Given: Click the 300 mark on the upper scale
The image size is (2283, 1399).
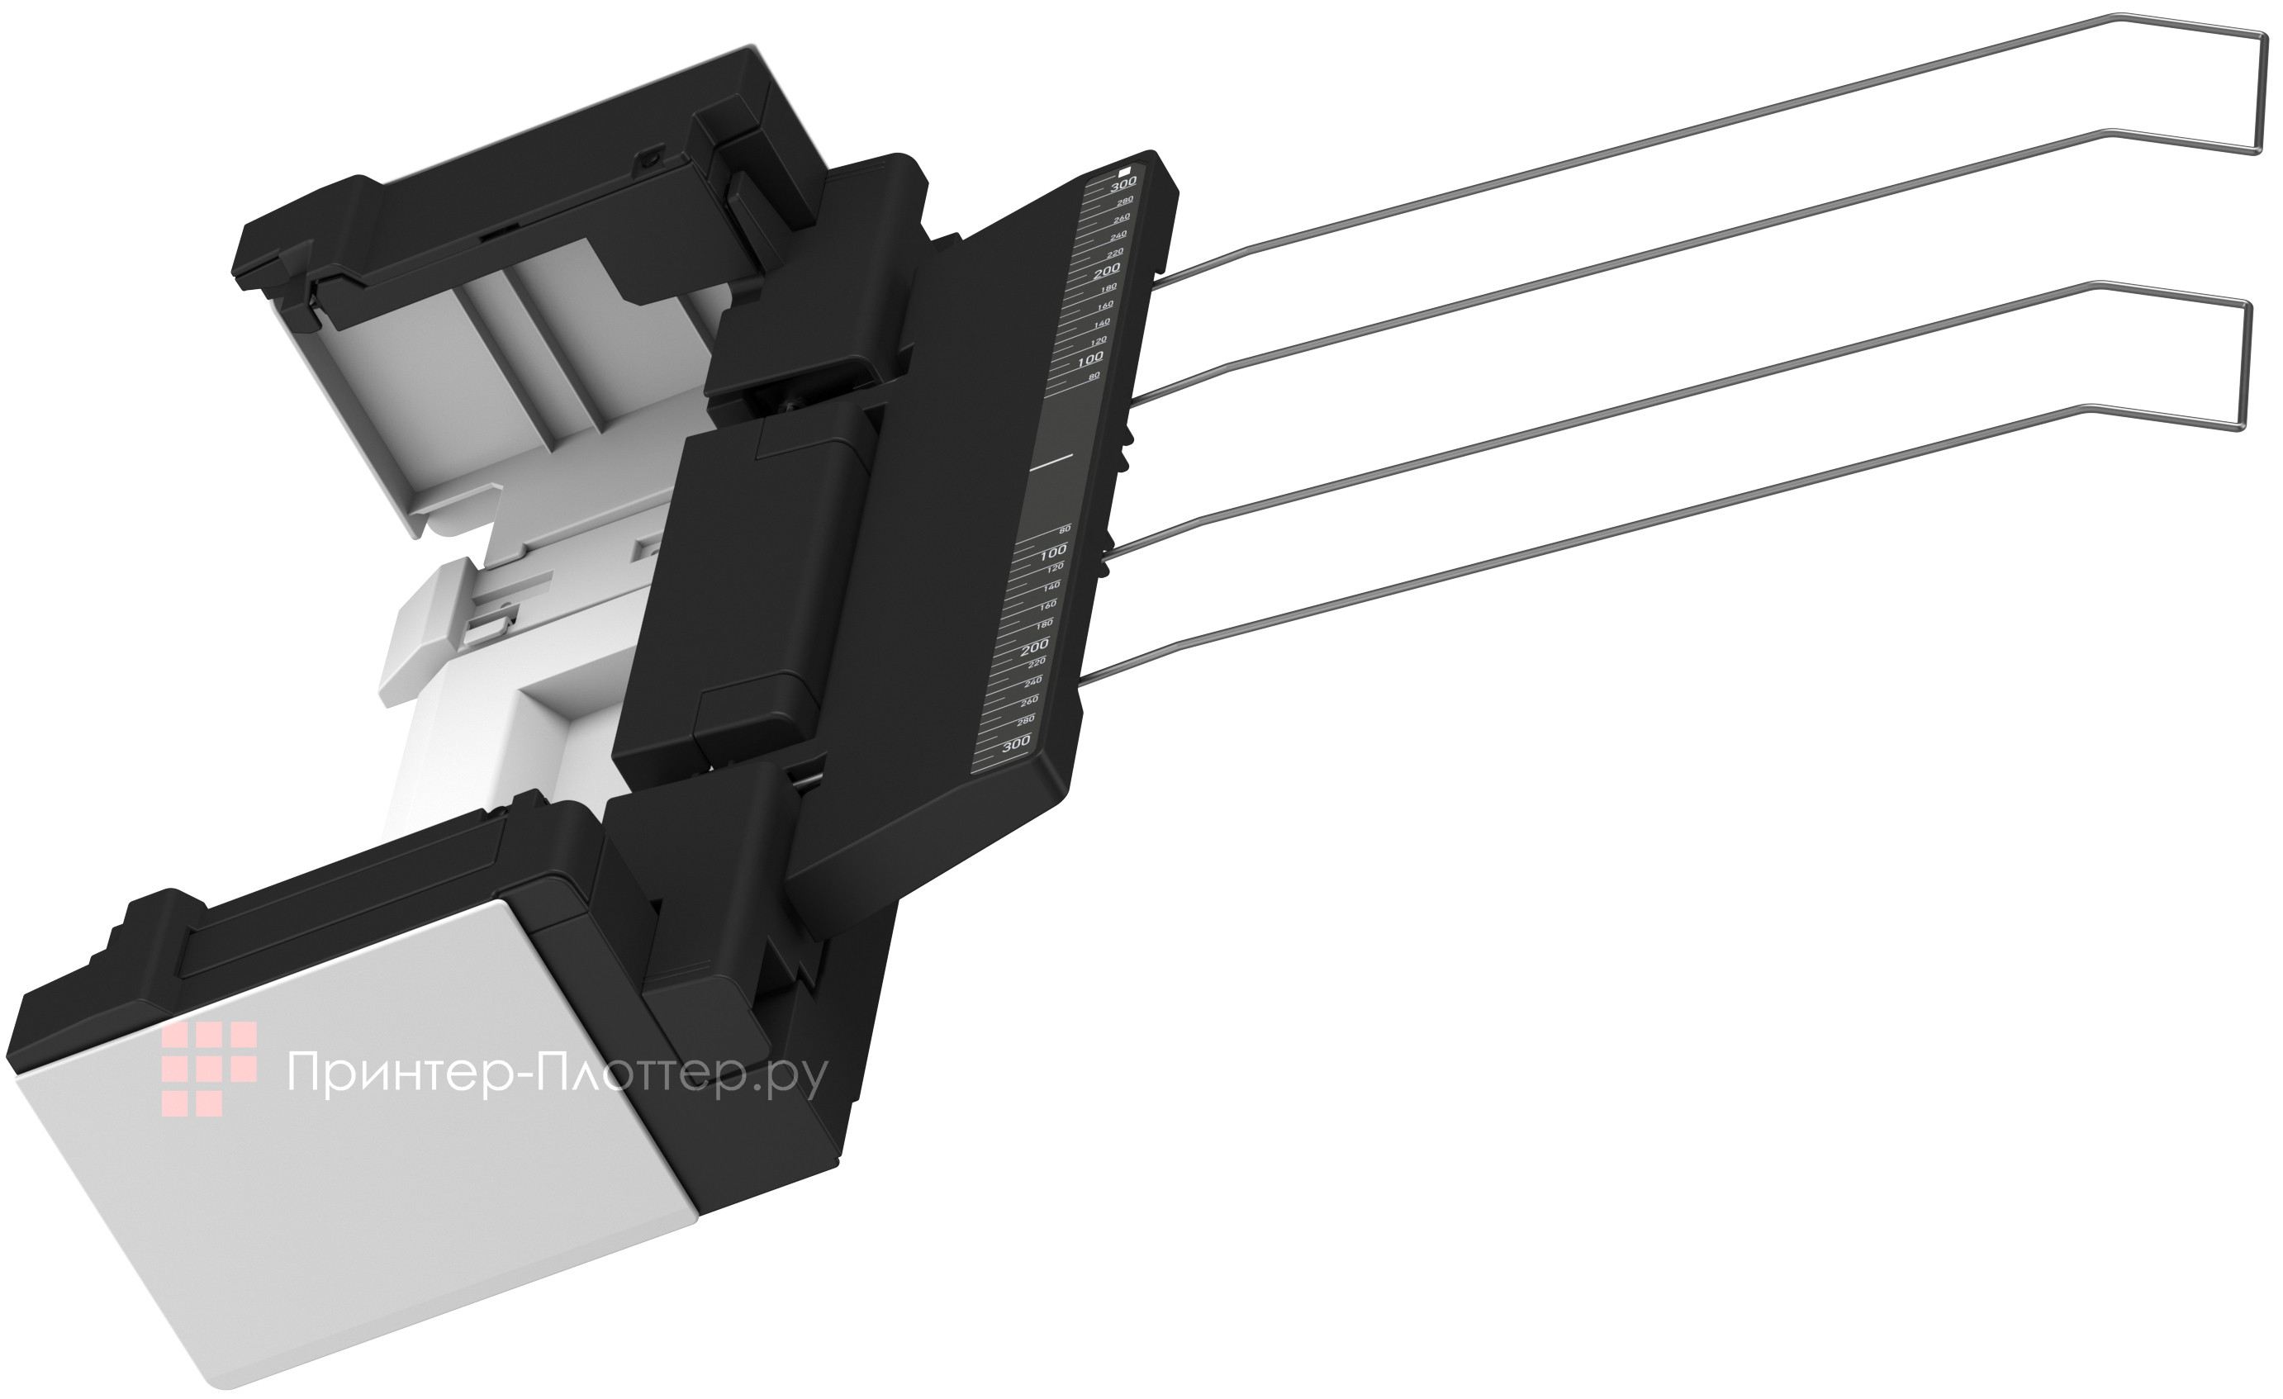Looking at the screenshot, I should [1123, 183].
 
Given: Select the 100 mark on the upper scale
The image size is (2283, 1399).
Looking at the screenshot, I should [1090, 358].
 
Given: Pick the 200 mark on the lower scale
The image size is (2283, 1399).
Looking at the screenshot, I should [1034, 646].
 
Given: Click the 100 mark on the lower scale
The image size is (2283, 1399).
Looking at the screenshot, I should [1052, 553].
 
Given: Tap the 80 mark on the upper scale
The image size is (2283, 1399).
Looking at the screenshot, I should [1094, 376].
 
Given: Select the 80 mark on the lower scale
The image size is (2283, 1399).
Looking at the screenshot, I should [1065, 529].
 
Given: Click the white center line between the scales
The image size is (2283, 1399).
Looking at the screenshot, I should [1051, 459].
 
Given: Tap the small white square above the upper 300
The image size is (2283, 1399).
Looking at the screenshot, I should [1125, 170].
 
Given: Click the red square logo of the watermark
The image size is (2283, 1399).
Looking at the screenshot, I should [208, 1068].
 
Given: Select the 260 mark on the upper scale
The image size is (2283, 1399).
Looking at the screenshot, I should [1121, 218].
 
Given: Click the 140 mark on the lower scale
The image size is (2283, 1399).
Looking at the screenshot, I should [1051, 586].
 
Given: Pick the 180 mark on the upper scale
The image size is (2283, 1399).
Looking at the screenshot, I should [1108, 288].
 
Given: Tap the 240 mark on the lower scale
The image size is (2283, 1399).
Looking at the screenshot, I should [1032, 682].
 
